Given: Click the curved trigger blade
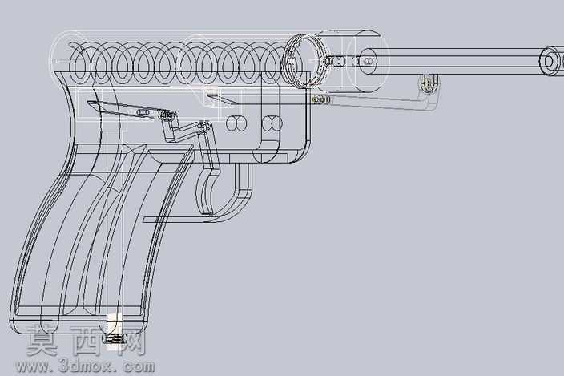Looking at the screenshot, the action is point(205,191).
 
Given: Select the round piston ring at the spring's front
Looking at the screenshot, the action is point(306,60).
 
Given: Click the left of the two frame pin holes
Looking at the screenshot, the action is point(236,124).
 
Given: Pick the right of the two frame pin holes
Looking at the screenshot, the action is point(272,123).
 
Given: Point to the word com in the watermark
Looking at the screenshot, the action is point(139,367).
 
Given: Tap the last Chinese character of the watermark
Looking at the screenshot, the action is point(131,340).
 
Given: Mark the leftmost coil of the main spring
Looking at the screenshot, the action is point(79,64).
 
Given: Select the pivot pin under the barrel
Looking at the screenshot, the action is point(428,83).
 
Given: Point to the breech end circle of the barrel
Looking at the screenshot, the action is point(368,61).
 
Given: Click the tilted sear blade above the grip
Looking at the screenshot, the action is point(131,109).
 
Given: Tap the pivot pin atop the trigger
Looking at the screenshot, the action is point(203,126).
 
